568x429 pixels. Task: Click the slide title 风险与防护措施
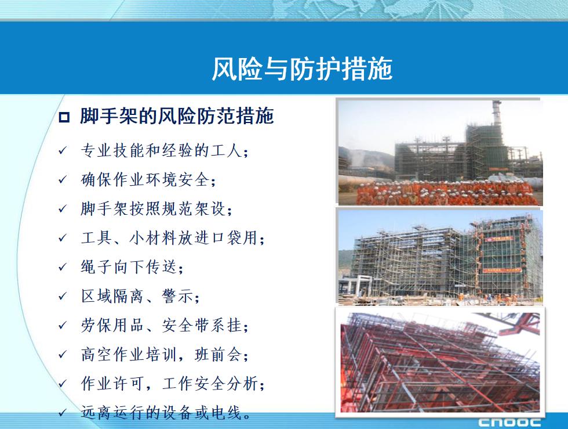click(x=302, y=69)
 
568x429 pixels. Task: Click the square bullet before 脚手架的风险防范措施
click(x=64, y=117)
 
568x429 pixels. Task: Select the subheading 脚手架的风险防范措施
click(x=177, y=116)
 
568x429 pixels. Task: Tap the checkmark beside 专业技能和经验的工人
click(x=63, y=150)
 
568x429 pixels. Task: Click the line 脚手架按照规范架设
click(x=156, y=208)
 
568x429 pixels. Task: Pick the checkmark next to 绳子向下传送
click(x=63, y=267)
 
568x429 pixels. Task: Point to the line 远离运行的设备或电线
click(x=166, y=412)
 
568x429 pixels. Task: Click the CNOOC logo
click(x=509, y=423)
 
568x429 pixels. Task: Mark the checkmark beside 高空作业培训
click(x=63, y=354)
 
